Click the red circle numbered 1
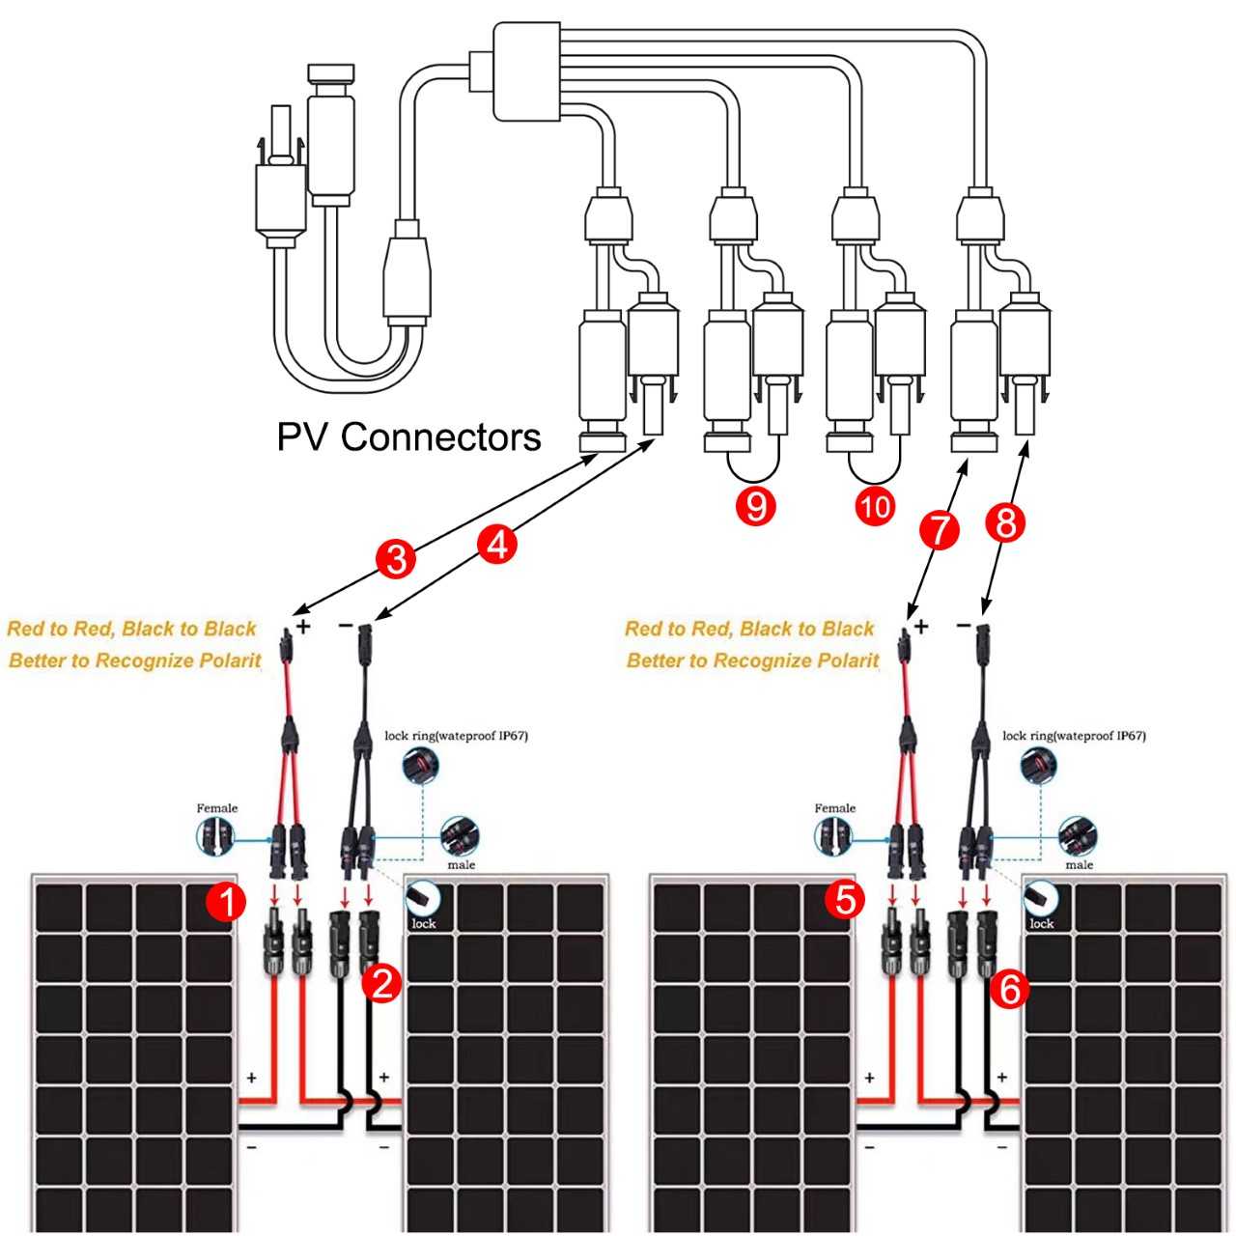(x=225, y=904)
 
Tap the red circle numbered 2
(x=381, y=984)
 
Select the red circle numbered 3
(x=396, y=559)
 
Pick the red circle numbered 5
(x=844, y=900)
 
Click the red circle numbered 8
(x=1005, y=523)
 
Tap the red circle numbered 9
(x=756, y=506)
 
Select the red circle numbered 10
(x=875, y=506)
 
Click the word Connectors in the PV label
(x=440, y=437)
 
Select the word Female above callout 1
(x=216, y=808)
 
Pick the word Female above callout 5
(x=834, y=808)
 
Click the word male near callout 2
(x=461, y=864)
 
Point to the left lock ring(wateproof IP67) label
(x=456, y=736)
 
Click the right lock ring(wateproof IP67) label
(x=1074, y=736)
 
